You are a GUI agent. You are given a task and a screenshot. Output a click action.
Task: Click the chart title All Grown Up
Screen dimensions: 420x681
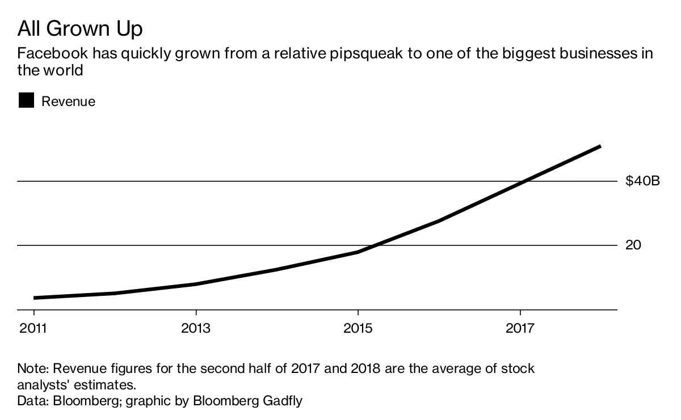[81, 28]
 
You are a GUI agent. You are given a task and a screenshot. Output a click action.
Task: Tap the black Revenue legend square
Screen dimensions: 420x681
[26, 101]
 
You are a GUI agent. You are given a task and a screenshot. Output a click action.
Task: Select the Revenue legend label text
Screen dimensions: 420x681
[68, 101]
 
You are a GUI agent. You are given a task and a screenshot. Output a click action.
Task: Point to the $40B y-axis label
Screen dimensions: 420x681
[643, 181]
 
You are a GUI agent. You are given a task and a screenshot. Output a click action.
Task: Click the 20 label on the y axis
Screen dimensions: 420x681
[633, 245]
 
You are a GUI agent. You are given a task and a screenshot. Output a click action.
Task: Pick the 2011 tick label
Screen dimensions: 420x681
[33, 329]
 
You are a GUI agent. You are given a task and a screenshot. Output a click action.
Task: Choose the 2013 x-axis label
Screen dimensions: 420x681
[196, 329]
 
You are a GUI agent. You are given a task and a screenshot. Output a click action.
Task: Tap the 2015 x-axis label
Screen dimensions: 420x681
[358, 329]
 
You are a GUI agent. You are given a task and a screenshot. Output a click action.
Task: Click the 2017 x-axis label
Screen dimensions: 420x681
[520, 329]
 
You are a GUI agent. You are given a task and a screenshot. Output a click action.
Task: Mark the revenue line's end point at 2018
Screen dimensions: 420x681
[600, 147]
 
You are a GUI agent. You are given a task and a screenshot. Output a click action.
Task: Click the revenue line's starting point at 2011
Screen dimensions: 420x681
[35, 298]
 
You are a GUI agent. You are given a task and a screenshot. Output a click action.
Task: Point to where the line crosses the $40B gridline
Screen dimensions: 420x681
[523, 181]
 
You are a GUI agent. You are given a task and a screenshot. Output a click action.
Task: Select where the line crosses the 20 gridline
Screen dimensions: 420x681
[373, 245]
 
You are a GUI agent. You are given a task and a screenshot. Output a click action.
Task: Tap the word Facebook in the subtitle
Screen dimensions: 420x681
[52, 54]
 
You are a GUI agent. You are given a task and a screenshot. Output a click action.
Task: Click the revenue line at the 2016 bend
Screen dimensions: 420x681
[439, 220]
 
